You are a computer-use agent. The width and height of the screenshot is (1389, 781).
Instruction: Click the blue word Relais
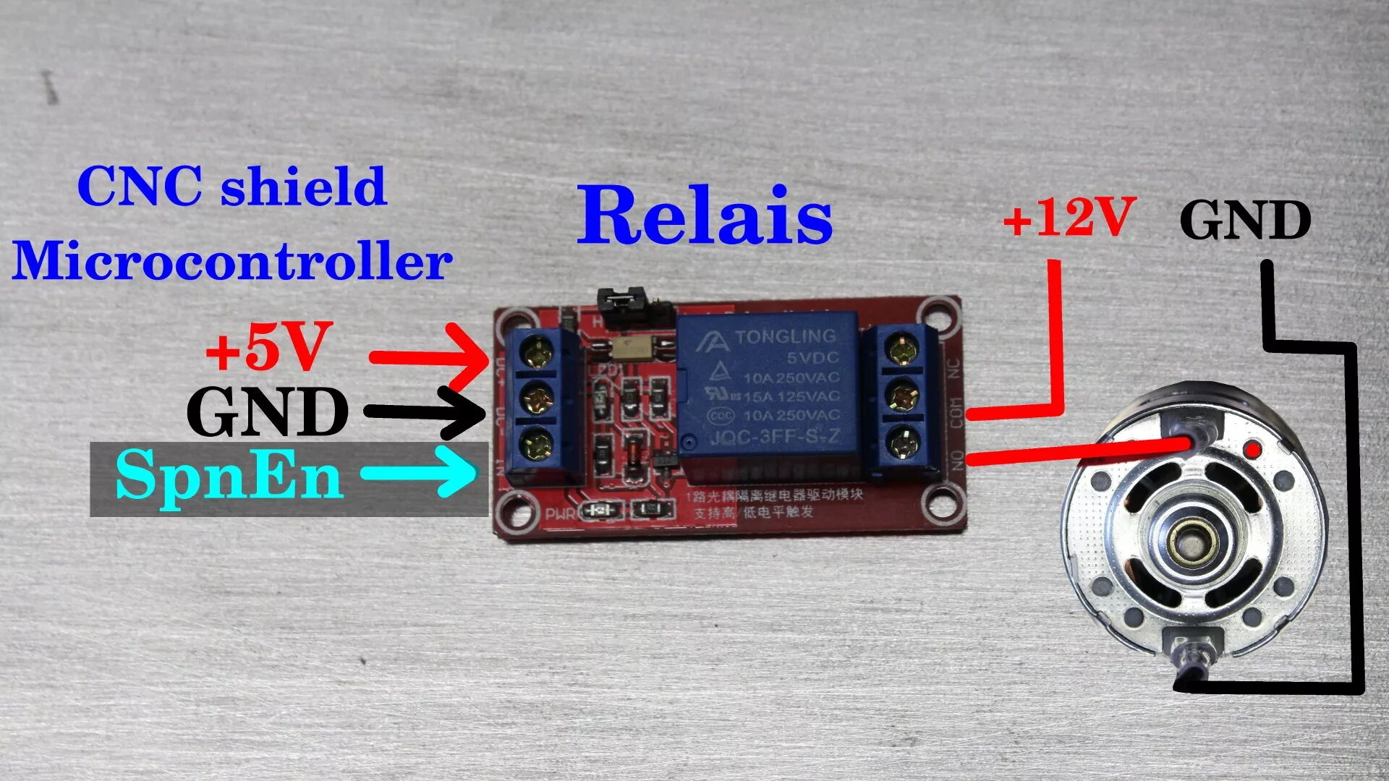point(705,215)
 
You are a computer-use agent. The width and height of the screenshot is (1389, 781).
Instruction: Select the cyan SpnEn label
point(229,474)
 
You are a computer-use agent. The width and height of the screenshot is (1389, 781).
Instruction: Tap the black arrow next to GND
point(427,413)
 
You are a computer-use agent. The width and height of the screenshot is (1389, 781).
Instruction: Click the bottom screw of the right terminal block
point(901,442)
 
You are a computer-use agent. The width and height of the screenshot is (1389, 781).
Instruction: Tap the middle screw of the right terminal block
point(900,396)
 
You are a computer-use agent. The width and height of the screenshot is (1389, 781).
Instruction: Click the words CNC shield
point(231,186)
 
